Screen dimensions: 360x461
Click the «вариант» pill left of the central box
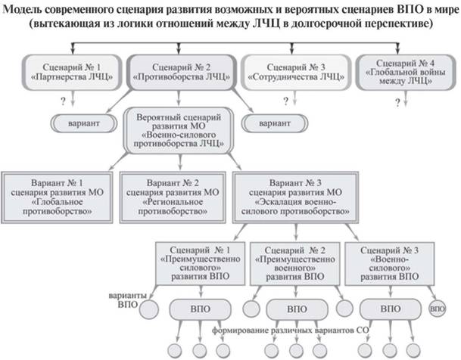pos(80,122)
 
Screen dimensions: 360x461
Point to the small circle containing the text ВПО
pos(438,309)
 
